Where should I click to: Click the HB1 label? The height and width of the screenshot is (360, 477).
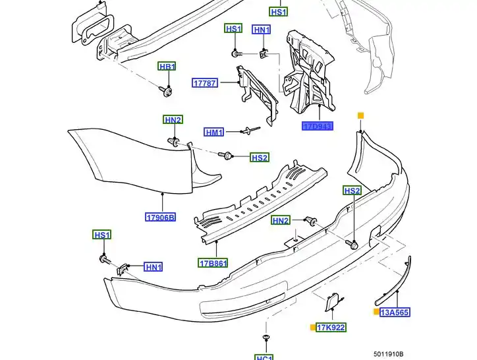[x=167, y=67]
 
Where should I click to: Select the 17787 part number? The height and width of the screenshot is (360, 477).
[x=204, y=83]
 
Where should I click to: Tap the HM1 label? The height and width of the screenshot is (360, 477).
[x=214, y=132]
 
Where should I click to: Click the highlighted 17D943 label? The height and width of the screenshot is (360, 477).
[x=318, y=126]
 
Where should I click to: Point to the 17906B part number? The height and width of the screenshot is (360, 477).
[x=161, y=217]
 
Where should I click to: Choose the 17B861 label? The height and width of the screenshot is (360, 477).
[x=213, y=263]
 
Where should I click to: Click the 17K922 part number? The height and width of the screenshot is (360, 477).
[x=331, y=327]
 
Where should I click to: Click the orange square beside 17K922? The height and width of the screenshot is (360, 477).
[x=312, y=327]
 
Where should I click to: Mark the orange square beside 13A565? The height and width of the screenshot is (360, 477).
[x=376, y=312]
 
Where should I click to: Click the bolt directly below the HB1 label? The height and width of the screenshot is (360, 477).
[x=167, y=89]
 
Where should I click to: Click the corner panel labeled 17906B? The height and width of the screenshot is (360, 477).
[x=132, y=158]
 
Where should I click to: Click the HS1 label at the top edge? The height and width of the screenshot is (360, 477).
[x=279, y=12]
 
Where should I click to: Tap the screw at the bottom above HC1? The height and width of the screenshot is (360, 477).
[x=266, y=339]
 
